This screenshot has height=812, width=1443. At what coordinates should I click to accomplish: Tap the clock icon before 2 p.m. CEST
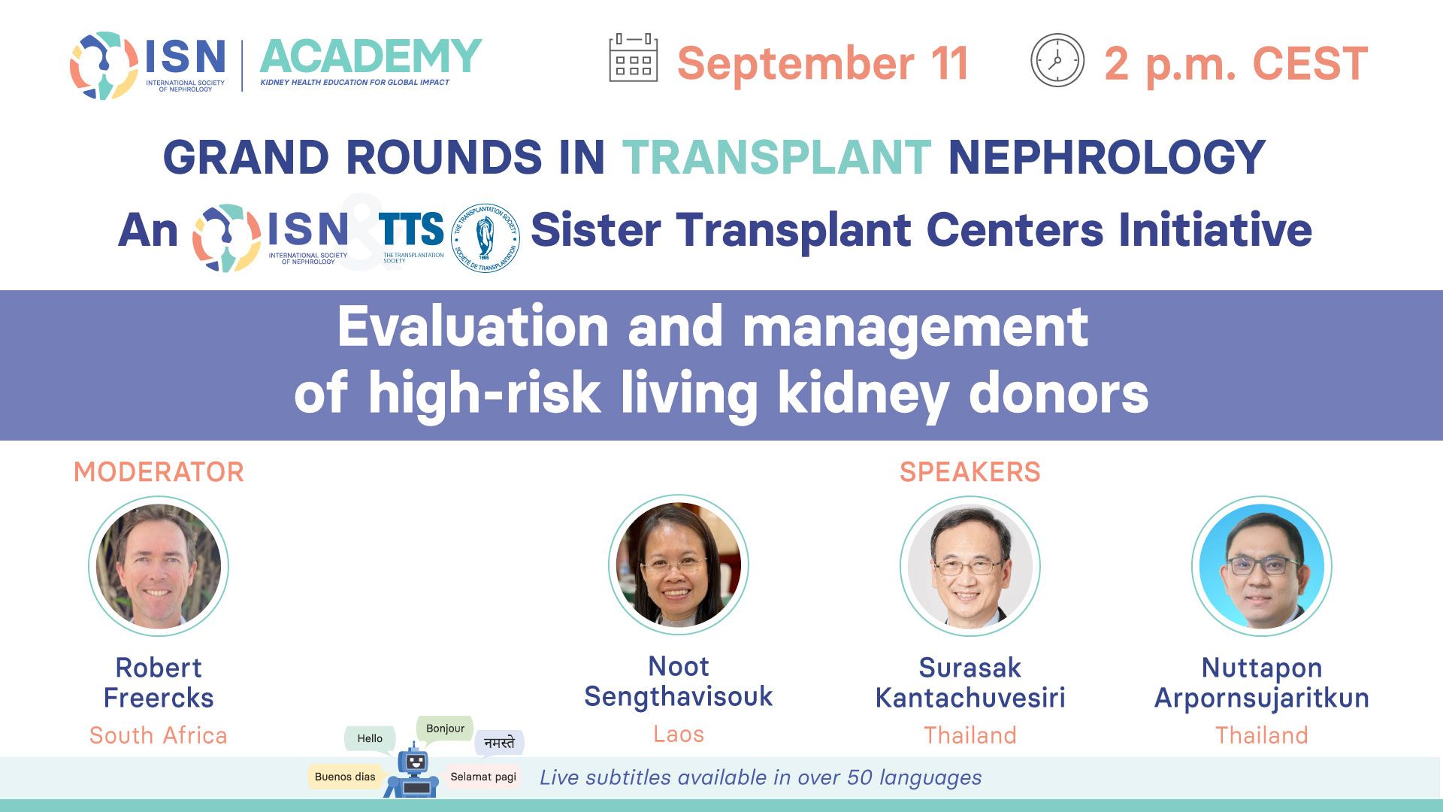pyautogui.click(x=1057, y=60)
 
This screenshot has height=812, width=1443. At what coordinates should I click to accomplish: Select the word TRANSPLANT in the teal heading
pyautogui.click(x=777, y=157)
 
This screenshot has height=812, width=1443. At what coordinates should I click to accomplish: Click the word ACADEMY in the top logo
pyautogui.click(x=371, y=57)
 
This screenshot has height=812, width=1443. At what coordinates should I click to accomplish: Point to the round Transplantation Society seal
pyautogui.click(x=486, y=238)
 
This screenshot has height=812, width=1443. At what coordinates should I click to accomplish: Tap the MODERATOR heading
pyautogui.click(x=159, y=472)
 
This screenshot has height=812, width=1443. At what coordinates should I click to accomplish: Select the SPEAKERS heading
pyautogui.click(x=970, y=472)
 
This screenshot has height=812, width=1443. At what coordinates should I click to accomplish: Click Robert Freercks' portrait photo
pyautogui.click(x=159, y=566)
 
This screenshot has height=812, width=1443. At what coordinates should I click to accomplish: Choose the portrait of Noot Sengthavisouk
pyautogui.click(x=679, y=565)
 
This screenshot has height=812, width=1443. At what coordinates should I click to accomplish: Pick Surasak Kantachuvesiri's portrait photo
pyautogui.click(x=970, y=566)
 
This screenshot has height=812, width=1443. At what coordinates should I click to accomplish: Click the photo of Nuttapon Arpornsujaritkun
pyautogui.click(x=1262, y=566)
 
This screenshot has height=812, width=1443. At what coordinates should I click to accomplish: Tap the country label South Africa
pyautogui.click(x=159, y=735)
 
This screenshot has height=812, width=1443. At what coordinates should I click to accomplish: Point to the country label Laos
pyautogui.click(x=679, y=734)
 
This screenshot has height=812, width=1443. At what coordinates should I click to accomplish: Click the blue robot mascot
pyautogui.click(x=412, y=771)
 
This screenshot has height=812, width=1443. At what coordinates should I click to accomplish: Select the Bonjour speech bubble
pyautogui.click(x=445, y=729)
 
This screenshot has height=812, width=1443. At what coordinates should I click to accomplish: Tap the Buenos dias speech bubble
pyautogui.click(x=345, y=777)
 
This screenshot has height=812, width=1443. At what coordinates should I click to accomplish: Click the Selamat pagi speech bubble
pyautogui.click(x=483, y=777)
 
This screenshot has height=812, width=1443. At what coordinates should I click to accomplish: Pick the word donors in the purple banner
pyautogui.click(x=1058, y=393)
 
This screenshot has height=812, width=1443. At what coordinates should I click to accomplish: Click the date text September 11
pyautogui.click(x=824, y=63)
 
